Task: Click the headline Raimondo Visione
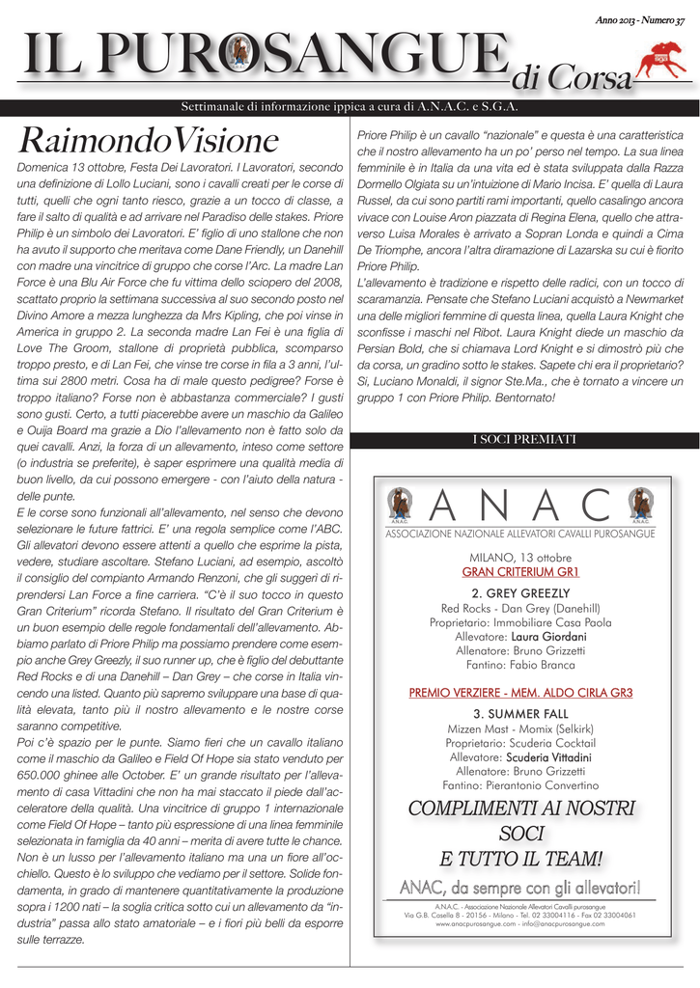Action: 148,141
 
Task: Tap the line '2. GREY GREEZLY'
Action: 519,592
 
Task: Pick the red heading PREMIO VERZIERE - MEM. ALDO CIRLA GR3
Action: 519,693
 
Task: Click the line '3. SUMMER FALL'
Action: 519,713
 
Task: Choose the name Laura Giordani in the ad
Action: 548,637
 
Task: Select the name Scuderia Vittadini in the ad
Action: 548,757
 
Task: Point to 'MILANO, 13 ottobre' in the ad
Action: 519,558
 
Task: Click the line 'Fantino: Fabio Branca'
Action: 519,666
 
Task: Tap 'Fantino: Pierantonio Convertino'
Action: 519,786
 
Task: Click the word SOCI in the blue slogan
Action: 519,833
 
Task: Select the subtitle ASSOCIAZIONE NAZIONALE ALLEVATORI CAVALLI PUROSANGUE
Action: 519,533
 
